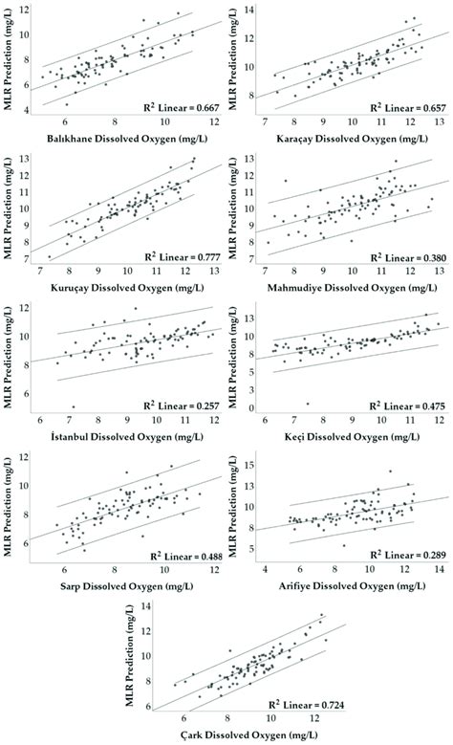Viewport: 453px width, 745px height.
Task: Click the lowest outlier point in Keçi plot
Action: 307,404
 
